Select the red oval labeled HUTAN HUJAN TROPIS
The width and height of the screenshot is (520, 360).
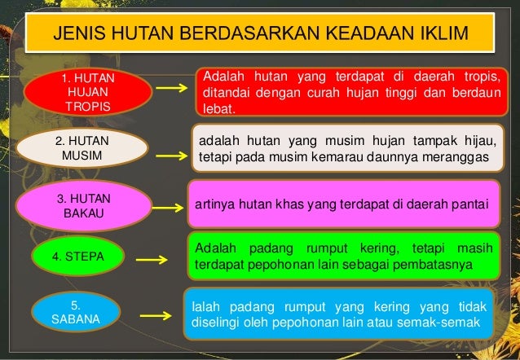click(x=88, y=93)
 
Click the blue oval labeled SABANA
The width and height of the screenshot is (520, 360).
click(x=75, y=313)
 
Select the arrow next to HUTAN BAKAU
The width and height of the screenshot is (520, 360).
click(x=169, y=207)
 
